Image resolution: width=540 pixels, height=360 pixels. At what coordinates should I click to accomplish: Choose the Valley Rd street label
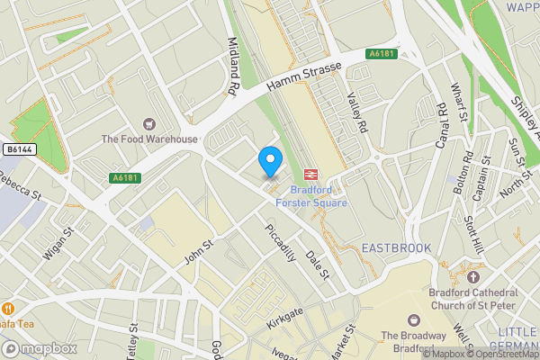[357, 114]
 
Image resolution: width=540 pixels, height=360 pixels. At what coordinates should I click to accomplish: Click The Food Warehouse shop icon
[148, 123]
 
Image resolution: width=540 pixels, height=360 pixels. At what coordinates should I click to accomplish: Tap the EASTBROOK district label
[396, 247]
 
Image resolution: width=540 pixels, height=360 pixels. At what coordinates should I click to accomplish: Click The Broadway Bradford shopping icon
[413, 319]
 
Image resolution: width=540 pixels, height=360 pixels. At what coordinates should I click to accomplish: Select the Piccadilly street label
[281, 242]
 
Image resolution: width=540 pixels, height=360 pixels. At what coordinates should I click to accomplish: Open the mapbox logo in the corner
[40, 348]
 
